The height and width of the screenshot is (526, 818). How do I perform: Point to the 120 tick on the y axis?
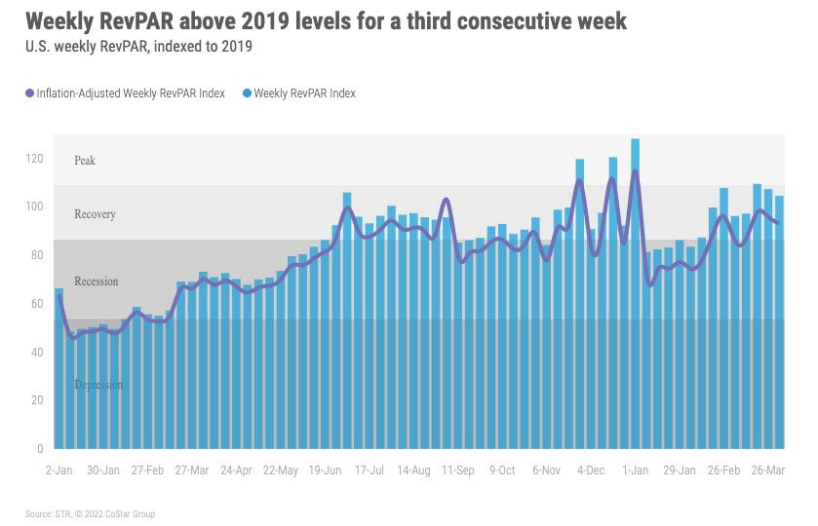click(34, 158)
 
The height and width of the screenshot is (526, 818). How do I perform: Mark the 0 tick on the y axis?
click(40, 448)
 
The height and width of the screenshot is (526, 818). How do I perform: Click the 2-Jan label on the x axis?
click(58, 470)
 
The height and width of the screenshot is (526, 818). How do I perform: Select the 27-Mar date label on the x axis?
click(192, 470)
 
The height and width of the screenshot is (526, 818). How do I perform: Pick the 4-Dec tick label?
click(592, 470)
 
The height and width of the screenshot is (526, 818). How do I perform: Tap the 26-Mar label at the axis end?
click(769, 470)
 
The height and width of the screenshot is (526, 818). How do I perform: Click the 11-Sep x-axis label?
click(458, 470)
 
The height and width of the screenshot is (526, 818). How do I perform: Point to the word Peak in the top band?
click(85, 160)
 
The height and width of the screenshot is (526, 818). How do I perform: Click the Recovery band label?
click(95, 214)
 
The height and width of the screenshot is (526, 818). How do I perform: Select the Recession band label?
click(96, 282)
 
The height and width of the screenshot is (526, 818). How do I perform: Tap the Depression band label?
click(98, 385)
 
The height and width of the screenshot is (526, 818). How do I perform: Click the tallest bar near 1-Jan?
click(635, 292)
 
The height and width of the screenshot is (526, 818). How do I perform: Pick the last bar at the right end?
click(779, 321)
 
